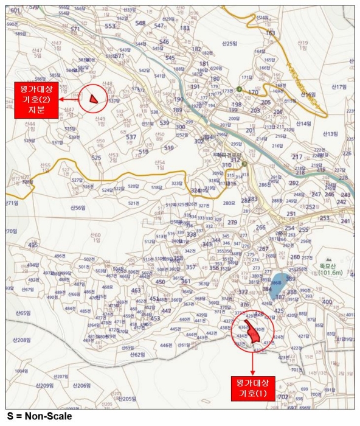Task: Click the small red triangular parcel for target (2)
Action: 93,98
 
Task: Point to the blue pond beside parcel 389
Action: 278,281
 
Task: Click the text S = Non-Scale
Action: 39,416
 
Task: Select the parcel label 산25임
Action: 229,44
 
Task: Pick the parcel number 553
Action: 110,26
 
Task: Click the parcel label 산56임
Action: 78,208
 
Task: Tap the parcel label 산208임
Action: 22,340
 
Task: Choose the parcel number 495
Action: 33,245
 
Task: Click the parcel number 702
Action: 283,397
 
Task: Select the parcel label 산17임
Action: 338,87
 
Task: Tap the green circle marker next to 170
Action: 242,93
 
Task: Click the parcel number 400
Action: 327,302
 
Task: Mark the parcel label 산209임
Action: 45,386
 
